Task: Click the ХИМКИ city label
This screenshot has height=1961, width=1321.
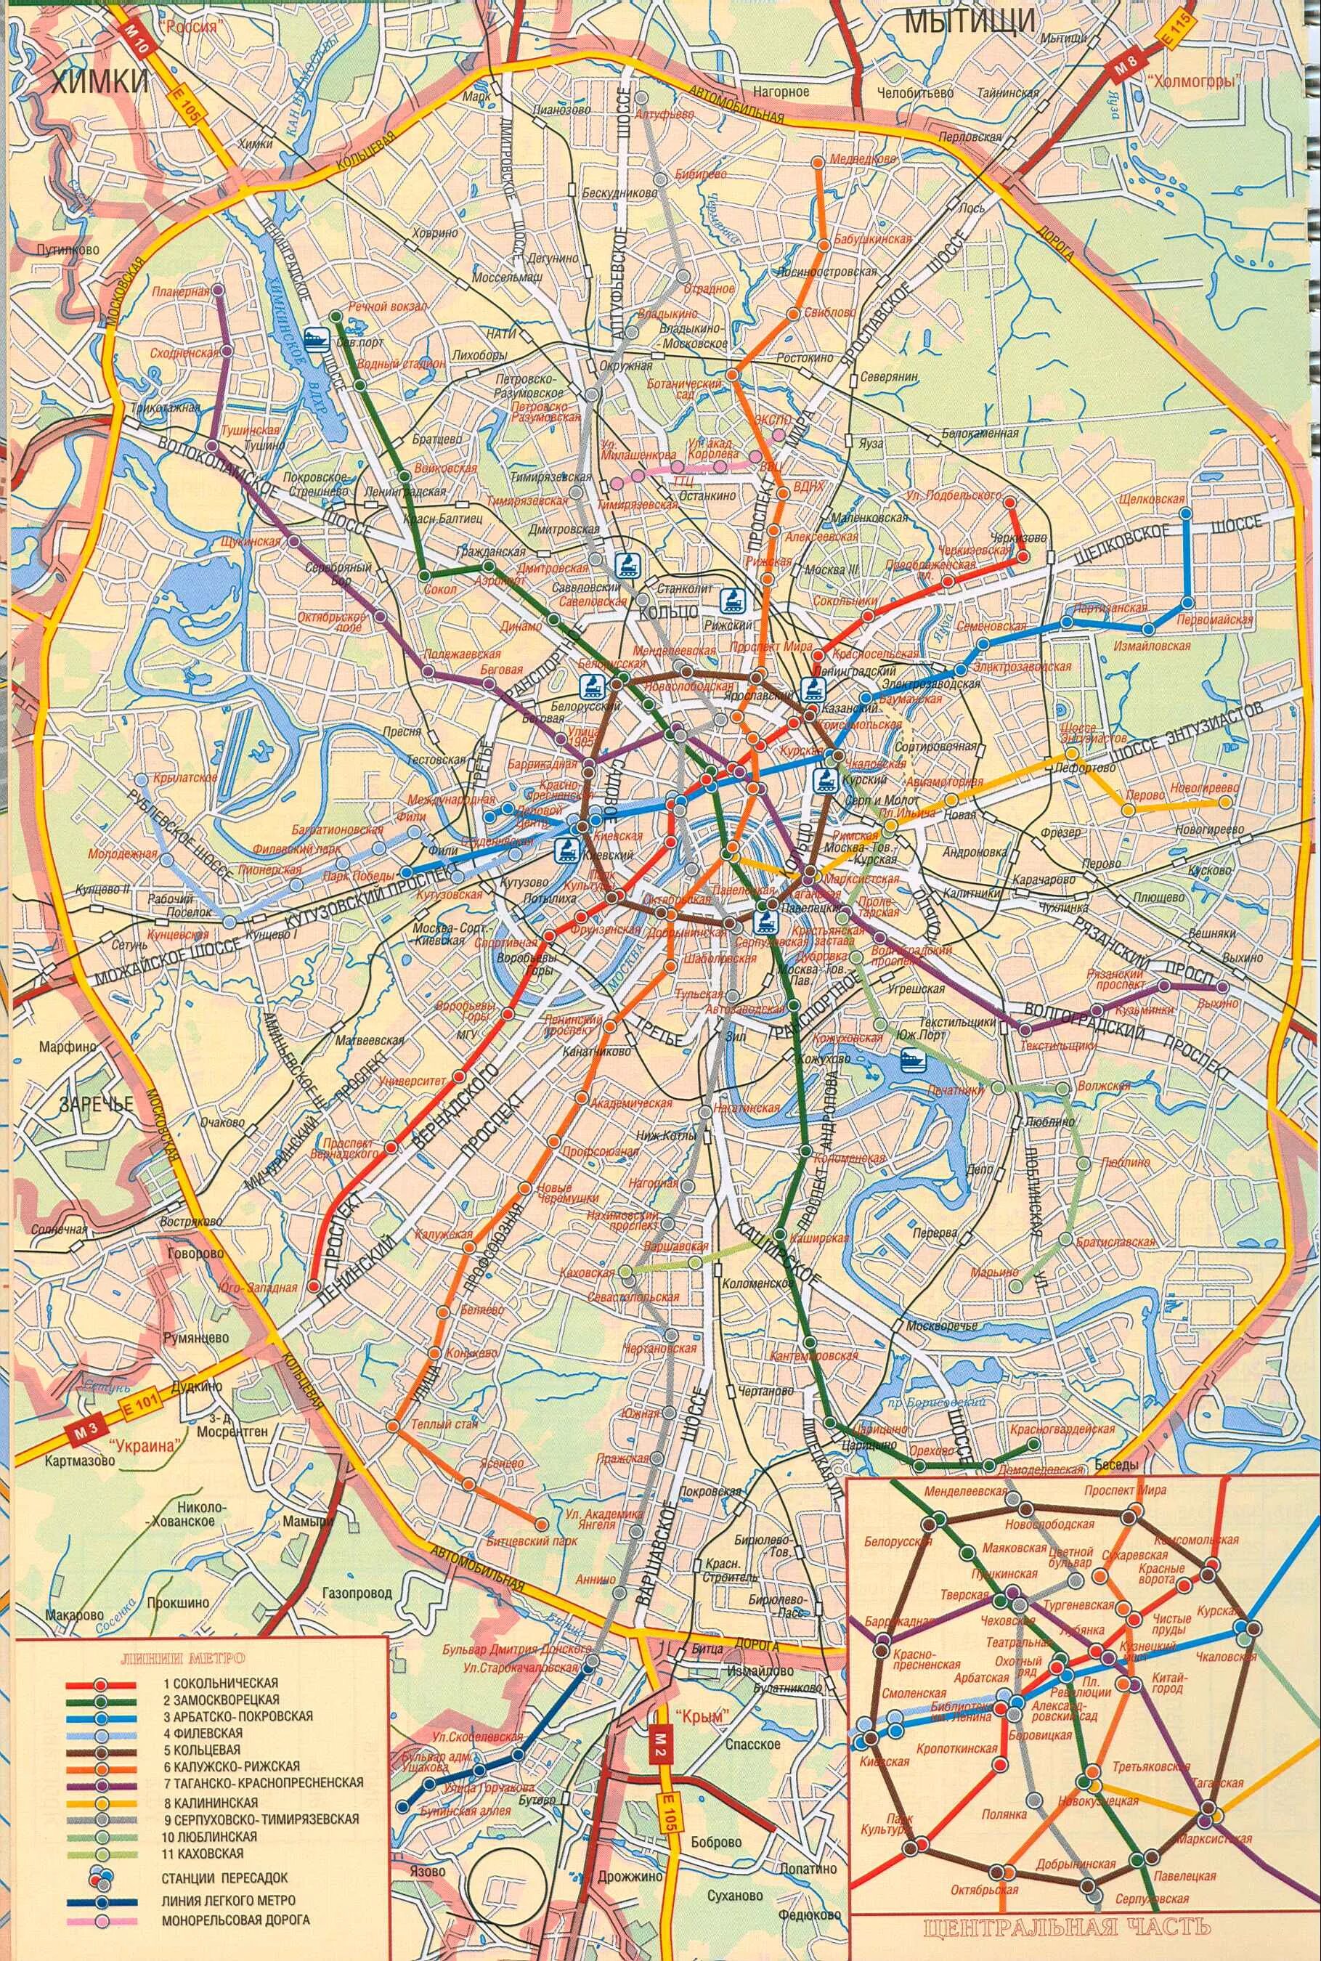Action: [99, 81]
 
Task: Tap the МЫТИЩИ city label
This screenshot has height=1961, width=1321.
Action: [970, 23]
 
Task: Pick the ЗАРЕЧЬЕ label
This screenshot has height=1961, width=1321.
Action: [96, 1104]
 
